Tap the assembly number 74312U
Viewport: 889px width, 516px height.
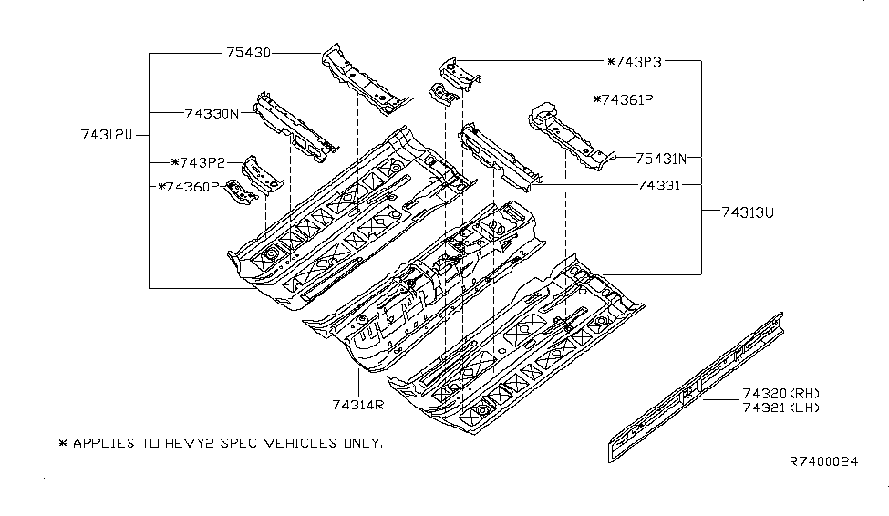click(x=106, y=135)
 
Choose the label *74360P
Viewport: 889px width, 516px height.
click(x=189, y=187)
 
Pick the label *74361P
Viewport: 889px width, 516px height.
click(x=626, y=98)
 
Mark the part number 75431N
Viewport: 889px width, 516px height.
click(x=661, y=157)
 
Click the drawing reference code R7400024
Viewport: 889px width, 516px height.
click(x=823, y=462)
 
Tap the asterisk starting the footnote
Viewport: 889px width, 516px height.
click(x=62, y=443)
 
